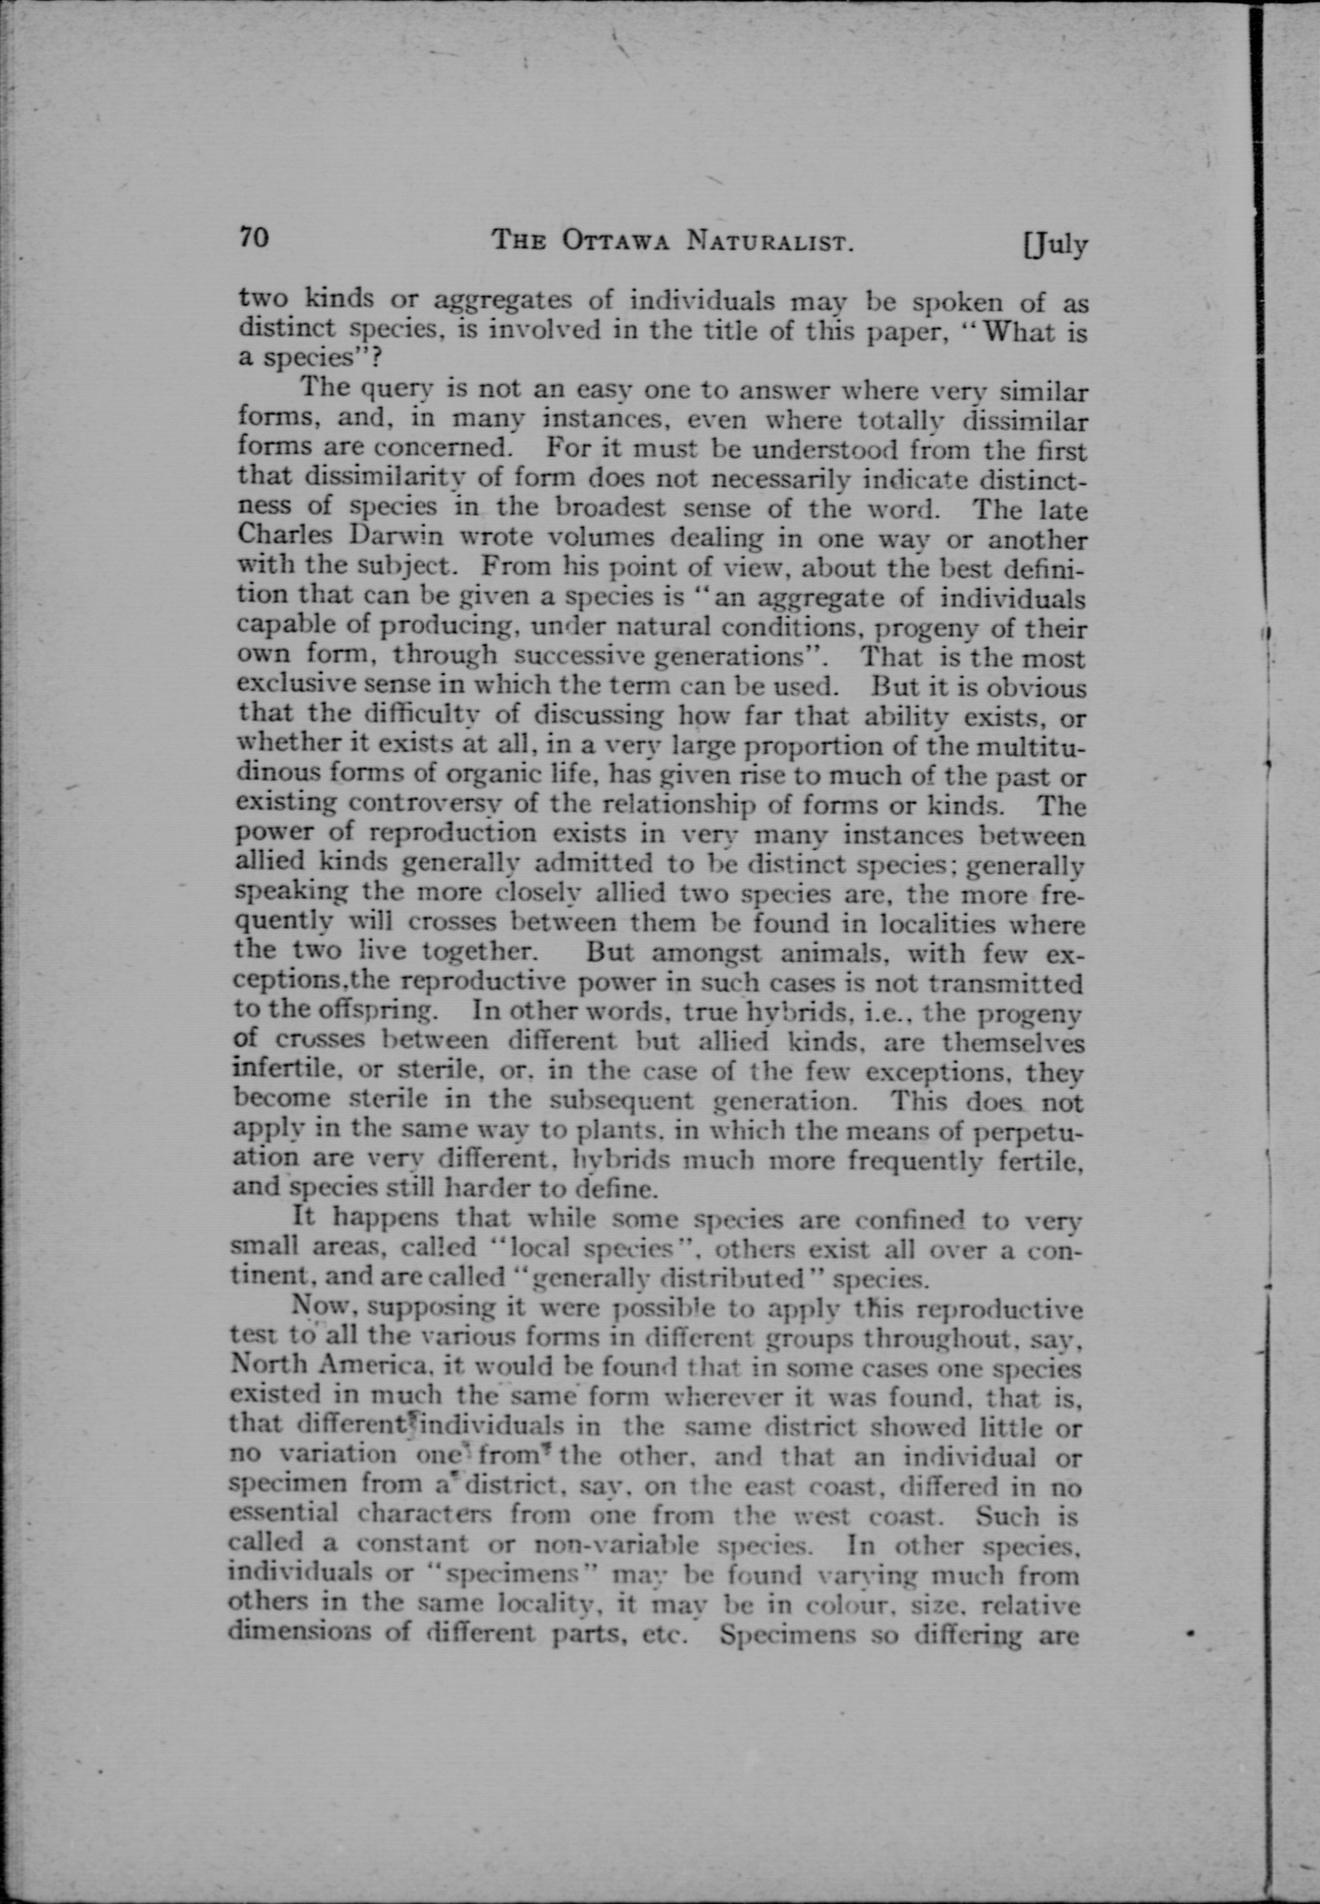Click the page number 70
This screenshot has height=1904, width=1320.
pyautogui.click(x=254, y=237)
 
